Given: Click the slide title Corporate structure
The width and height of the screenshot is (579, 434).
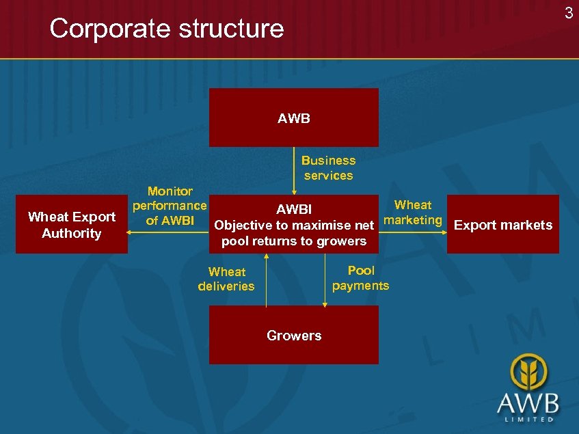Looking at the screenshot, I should coord(166,29).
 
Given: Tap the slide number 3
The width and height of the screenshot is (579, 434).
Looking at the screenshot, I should coord(568,12).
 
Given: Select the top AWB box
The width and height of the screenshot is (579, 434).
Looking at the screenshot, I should coord(293,118).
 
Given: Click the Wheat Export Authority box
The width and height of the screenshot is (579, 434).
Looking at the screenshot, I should coord(71,224).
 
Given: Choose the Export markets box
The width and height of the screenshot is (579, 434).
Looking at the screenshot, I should coord(502,225).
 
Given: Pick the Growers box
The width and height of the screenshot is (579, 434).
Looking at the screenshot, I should coord(293,335).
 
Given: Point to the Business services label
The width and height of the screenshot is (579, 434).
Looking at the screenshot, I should coord(328,167).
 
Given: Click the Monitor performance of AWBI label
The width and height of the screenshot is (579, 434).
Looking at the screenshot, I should coord(170,205).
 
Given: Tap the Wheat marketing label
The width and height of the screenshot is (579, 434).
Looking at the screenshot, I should coord(413,212).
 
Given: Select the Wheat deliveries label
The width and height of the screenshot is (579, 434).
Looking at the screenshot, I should coord(226,279).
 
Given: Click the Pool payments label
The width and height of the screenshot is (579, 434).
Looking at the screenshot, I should coord(360,278).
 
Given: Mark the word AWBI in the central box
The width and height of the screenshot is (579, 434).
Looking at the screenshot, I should coord(293,209).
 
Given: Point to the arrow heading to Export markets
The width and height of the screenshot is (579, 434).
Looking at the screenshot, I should coord(443,232).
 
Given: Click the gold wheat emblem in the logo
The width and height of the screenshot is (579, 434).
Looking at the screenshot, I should coord(528,371).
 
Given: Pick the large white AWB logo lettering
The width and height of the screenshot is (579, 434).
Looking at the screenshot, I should coord(528,401).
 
